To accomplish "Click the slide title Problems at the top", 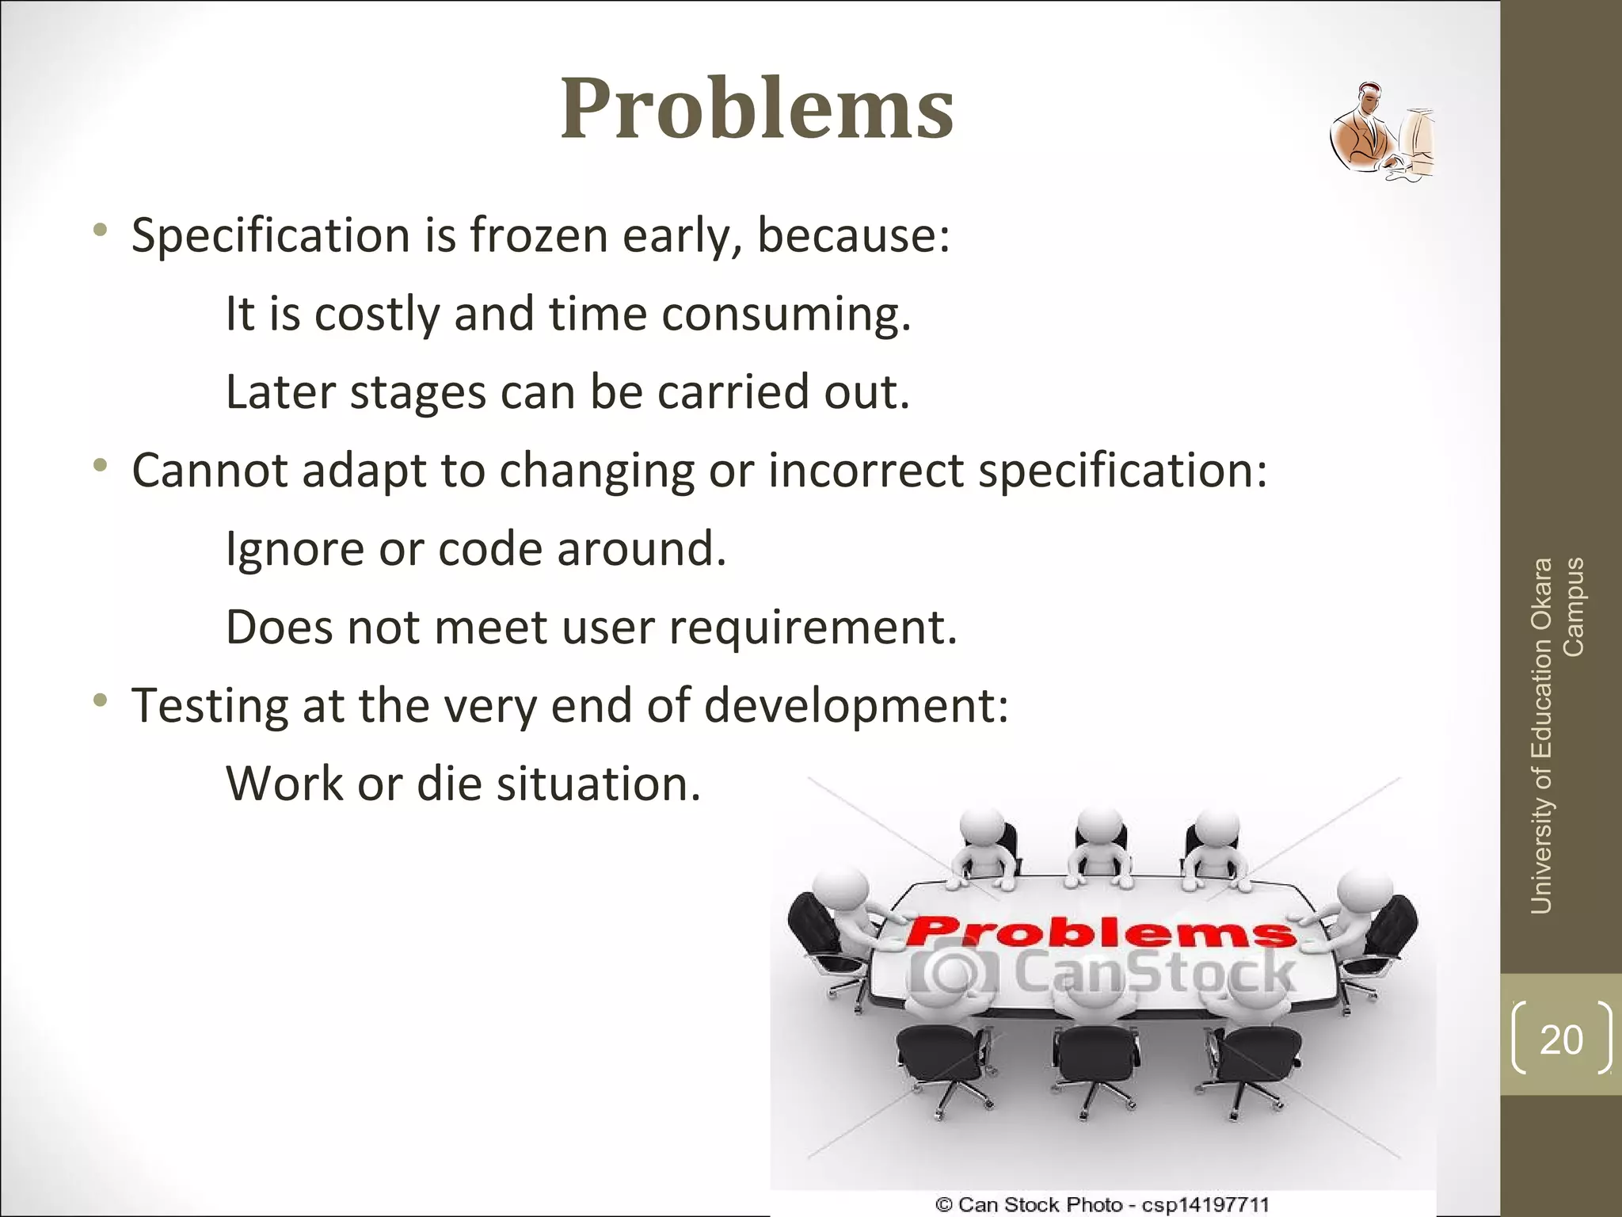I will tap(756, 109).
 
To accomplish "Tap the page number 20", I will tap(1561, 1039).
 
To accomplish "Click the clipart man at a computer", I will tap(1381, 132).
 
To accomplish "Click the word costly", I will tap(377, 314).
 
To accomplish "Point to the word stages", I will tap(417, 392).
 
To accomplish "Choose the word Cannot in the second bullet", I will tap(209, 471).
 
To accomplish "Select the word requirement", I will tap(813, 628).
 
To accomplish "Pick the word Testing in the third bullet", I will tap(209, 706).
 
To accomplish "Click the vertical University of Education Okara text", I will tap(1542, 737).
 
